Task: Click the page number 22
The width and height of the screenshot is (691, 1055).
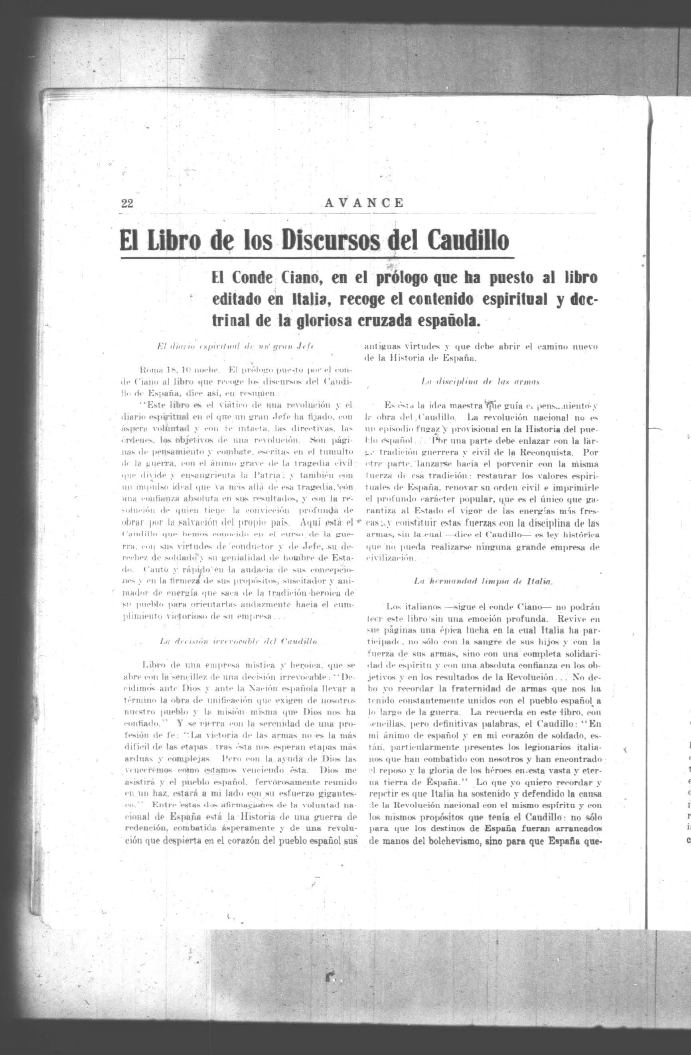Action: pyautogui.click(x=127, y=203)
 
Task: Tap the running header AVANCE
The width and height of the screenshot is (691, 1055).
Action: pyautogui.click(x=364, y=203)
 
